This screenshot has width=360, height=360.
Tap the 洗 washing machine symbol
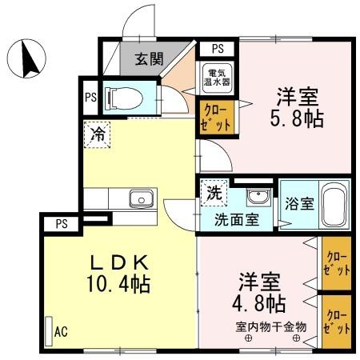coord(214,193)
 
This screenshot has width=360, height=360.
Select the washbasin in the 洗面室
coord(257,198)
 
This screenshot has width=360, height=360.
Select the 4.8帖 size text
coord(262,303)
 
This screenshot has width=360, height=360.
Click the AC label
coord(60,330)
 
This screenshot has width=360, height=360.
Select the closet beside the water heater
coord(217,115)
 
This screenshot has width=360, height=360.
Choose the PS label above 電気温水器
coord(217,48)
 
